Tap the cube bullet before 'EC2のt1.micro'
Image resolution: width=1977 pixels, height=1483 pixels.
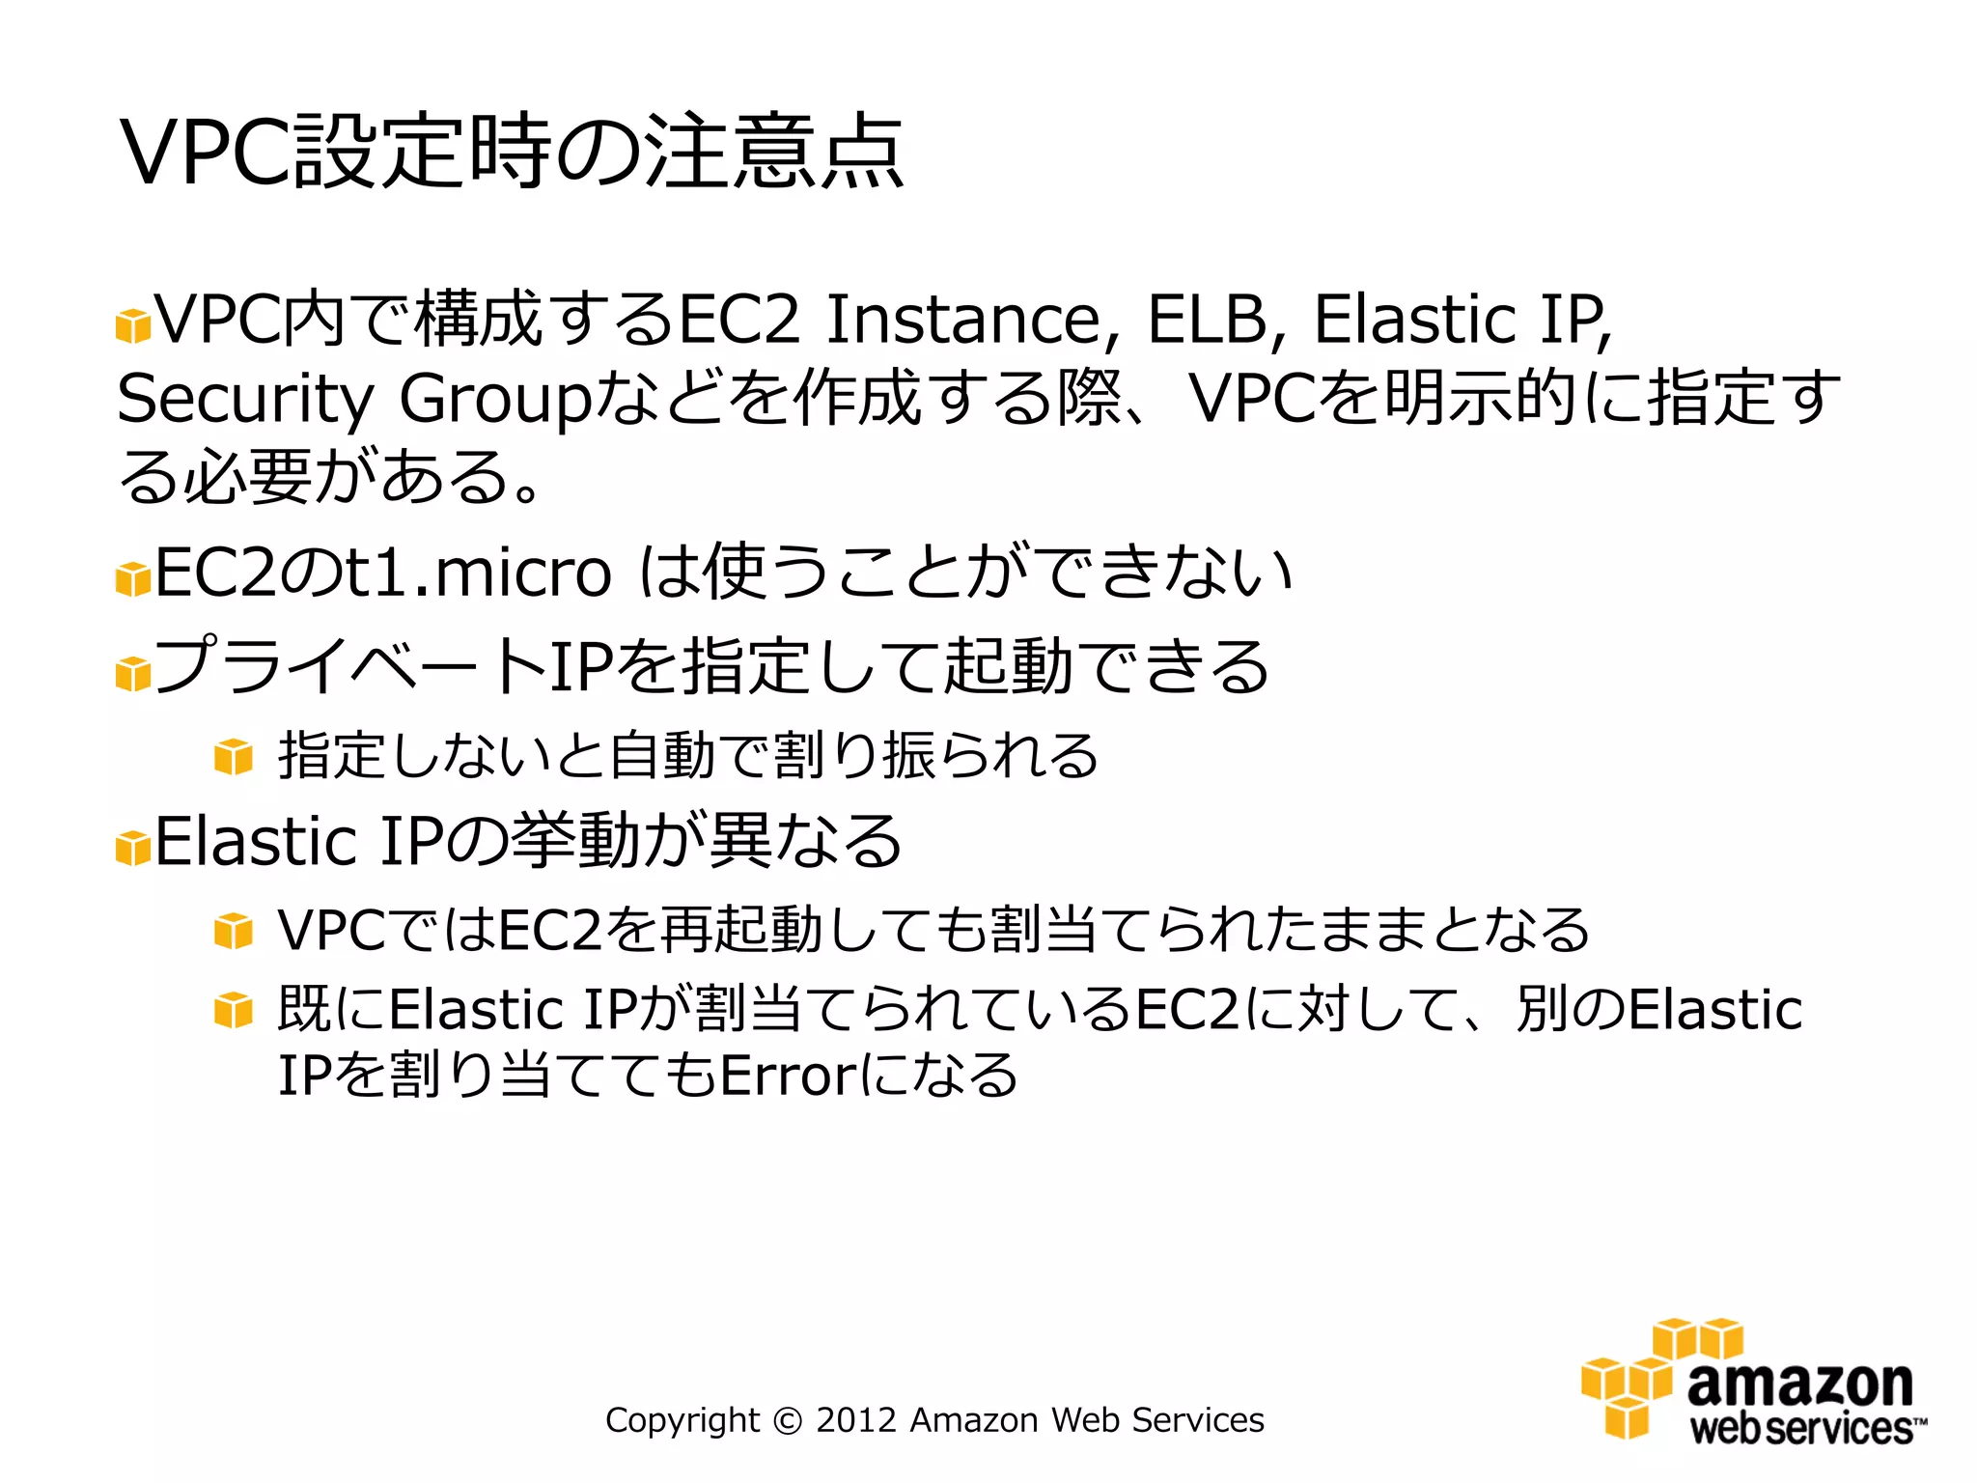coord(133,579)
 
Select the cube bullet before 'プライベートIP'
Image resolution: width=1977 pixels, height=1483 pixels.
coord(133,673)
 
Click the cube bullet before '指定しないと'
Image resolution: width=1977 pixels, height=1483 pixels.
coord(234,756)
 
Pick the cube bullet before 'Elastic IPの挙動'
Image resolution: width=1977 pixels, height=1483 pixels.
coord(133,848)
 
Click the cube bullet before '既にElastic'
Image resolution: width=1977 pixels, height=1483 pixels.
coord(234,1011)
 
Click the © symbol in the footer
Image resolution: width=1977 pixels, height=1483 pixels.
coord(788,1421)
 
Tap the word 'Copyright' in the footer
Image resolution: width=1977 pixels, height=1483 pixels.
coord(682,1421)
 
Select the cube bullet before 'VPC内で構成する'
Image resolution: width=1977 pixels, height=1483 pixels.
coord(133,326)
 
